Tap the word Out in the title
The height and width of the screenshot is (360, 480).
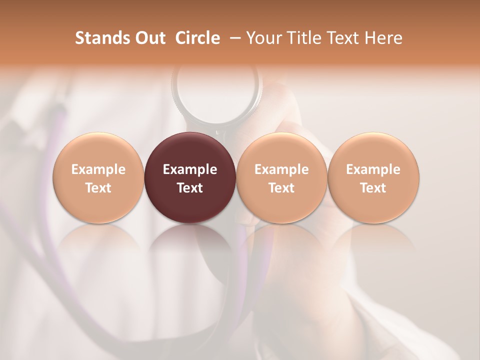148,38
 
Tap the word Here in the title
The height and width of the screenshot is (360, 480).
383,38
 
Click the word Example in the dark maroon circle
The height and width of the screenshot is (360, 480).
190,169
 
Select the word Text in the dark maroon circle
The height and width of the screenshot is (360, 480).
190,188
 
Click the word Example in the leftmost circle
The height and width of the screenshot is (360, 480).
98,169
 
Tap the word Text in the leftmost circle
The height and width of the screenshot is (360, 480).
98,188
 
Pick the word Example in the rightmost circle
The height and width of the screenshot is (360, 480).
373,169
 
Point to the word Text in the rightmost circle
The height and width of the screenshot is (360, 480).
373,188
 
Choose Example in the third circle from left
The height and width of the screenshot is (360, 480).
281,169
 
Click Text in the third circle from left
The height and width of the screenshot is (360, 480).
281,188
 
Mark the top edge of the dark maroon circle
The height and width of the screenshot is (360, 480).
190,133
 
